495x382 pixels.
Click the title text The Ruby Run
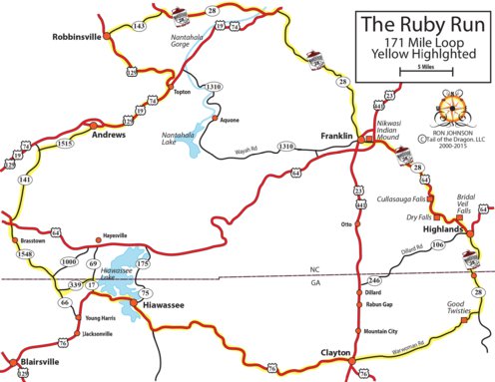coord(419,24)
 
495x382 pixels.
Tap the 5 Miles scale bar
coord(419,74)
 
